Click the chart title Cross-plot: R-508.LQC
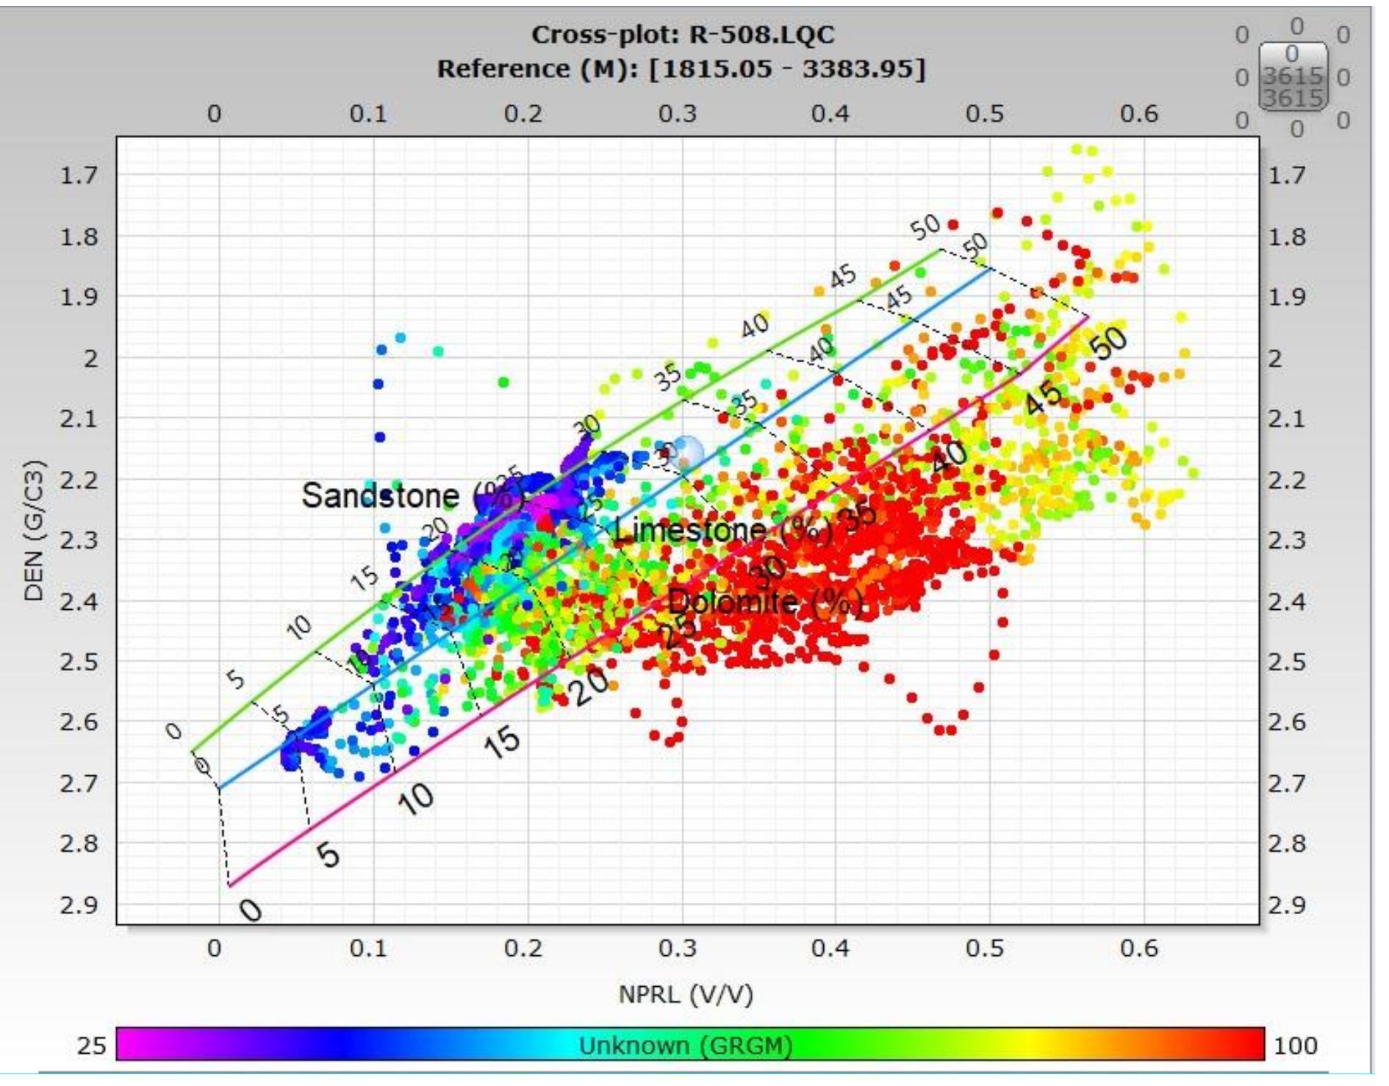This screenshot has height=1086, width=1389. [683, 35]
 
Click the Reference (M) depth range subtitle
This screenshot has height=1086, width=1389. [681, 69]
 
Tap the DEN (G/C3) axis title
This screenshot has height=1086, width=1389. [35, 531]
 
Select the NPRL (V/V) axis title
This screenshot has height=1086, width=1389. [686, 994]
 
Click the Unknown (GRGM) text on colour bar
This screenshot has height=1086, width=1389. [686, 1046]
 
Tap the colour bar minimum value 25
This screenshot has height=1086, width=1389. [91, 1046]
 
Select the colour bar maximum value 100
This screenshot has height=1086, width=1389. [1295, 1046]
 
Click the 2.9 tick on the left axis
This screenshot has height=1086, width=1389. [79, 905]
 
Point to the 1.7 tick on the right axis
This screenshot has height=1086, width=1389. [1287, 175]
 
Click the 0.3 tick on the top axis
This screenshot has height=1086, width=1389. [677, 114]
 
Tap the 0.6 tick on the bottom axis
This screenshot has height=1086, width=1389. [1139, 948]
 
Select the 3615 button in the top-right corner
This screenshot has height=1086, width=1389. [1293, 77]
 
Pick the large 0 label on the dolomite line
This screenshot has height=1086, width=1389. [250, 910]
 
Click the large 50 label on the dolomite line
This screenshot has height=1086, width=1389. [1108, 342]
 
